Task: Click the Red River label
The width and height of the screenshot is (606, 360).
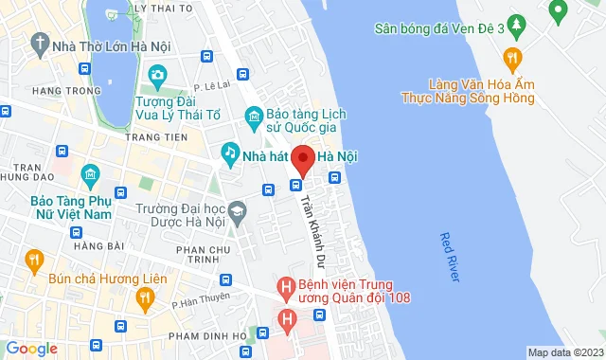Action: click(x=450, y=257)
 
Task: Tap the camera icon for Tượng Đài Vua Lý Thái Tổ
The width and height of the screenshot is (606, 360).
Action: click(x=158, y=75)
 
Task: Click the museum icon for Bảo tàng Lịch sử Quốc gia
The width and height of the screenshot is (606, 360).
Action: click(x=254, y=117)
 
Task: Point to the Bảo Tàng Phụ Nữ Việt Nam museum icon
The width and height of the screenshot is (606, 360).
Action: click(x=91, y=174)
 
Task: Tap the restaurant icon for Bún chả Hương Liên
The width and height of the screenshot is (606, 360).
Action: click(x=34, y=258)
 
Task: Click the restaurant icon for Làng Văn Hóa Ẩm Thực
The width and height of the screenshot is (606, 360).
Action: click(x=512, y=57)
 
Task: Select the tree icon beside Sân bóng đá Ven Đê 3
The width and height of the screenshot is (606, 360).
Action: click(x=516, y=23)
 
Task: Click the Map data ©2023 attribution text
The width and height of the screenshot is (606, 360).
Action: click(x=564, y=352)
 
